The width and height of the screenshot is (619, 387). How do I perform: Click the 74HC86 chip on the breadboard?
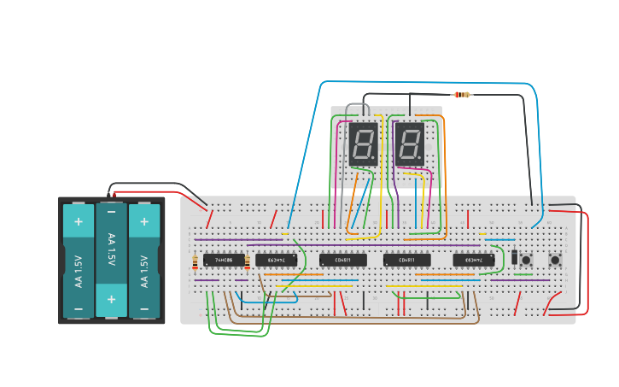pos(224,260)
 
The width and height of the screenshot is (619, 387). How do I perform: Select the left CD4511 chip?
pos(342,260)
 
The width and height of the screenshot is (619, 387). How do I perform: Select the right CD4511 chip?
pos(406,260)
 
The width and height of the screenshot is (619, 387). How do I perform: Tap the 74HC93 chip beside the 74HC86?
pos(277,260)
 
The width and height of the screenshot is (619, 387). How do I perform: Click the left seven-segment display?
pos(364,144)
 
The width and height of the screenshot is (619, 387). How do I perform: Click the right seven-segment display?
pos(410,144)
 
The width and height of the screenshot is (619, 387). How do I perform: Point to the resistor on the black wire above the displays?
pos(462,95)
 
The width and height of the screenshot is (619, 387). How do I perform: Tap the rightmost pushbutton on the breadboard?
pos(555,260)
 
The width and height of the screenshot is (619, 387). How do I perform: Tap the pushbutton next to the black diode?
pos(526,260)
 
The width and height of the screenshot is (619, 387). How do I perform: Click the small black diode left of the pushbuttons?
pos(514,255)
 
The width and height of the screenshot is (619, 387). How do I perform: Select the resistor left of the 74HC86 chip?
pos(196,261)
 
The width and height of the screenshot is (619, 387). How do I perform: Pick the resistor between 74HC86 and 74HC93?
pos(248,261)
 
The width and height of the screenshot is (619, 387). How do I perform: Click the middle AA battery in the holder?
pos(111,260)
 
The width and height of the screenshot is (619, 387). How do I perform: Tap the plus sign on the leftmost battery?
pos(79,222)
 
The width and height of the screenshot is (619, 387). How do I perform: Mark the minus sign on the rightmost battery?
pos(144,308)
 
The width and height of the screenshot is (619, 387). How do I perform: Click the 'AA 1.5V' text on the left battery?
pos(79,271)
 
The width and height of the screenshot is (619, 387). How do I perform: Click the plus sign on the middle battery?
pos(111,300)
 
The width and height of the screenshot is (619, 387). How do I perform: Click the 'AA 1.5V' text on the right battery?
pos(144,271)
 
